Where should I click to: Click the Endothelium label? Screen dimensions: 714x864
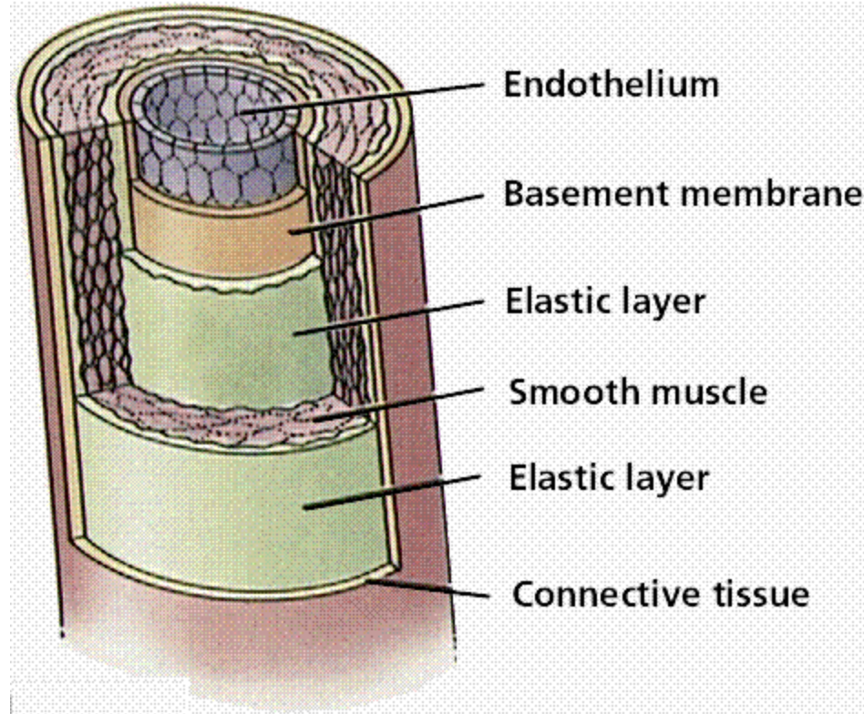click(x=612, y=86)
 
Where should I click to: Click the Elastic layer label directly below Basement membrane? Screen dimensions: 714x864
click(x=605, y=301)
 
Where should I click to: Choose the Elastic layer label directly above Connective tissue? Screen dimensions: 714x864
click(x=607, y=477)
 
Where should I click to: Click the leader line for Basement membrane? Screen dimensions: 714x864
click(x=392, y=214)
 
